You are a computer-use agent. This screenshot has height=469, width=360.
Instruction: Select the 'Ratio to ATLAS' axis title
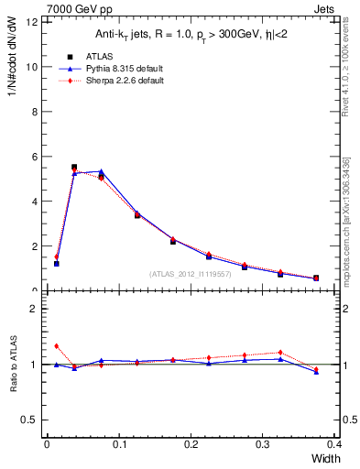(x=14, y=365)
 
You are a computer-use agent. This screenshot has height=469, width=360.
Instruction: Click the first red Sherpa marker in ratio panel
(x=56, y=346)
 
